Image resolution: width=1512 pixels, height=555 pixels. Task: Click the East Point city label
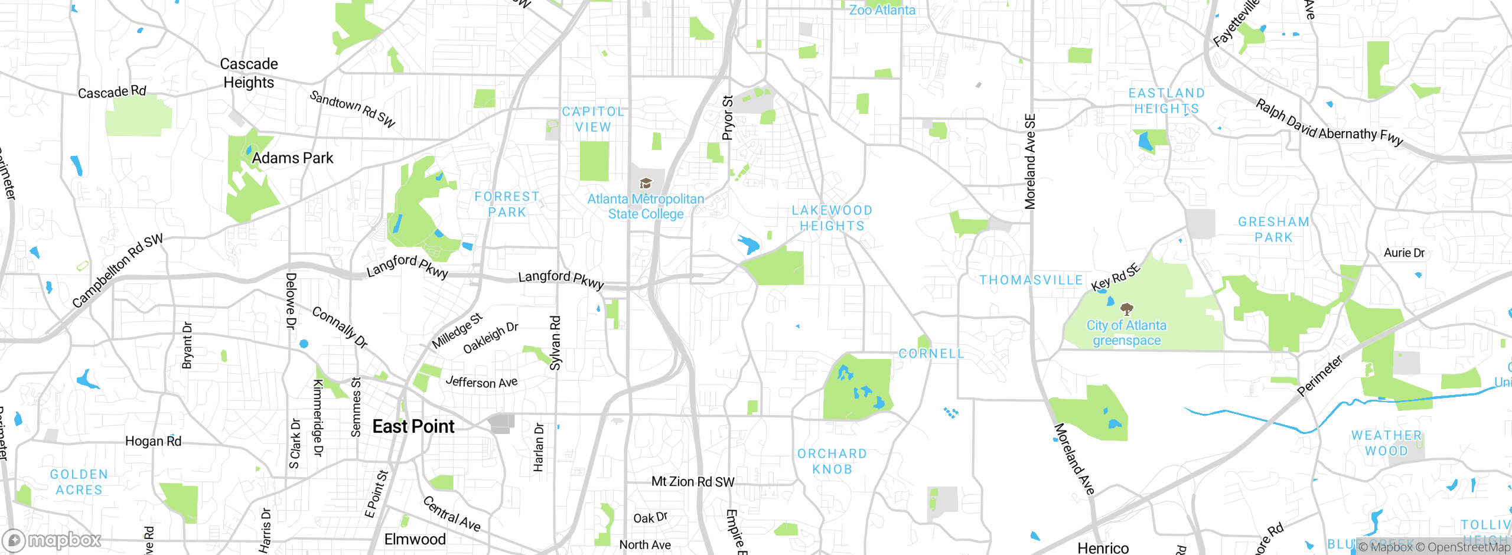click(413, 426)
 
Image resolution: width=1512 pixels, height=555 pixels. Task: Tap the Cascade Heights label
click(249, 73)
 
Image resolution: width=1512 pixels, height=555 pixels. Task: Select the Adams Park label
click(292, 158)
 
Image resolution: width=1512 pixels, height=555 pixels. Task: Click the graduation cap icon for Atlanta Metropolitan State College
click(646, 184)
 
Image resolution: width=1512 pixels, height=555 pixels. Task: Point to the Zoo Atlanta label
click(882, 10)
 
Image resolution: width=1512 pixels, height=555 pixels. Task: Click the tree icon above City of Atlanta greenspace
click(1127, 309)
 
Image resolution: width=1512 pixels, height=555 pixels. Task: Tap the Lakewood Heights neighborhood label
click(832, 218)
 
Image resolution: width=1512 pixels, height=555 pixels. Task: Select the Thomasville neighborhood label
click(1031, 280)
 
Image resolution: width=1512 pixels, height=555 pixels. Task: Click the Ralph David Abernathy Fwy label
click(1329, 123)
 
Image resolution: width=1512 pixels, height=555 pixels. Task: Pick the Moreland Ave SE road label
click(1030, 161)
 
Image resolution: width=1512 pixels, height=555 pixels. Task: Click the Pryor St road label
click(728, 117)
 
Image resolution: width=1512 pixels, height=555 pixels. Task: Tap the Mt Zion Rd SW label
click(693, 482)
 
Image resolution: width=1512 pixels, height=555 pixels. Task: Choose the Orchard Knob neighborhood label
click(832, 461)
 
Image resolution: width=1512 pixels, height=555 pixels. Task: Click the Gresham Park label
click(1273, 229)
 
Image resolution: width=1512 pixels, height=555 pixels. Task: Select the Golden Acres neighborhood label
click(79, 482)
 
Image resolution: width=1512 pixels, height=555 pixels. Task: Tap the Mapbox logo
click(52, 540)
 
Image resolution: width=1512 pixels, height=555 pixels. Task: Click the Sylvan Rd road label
click(555, 343)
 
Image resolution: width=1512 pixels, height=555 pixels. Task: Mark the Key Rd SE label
click(1115, 277)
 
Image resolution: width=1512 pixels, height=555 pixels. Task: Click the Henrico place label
click(1103, 548)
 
